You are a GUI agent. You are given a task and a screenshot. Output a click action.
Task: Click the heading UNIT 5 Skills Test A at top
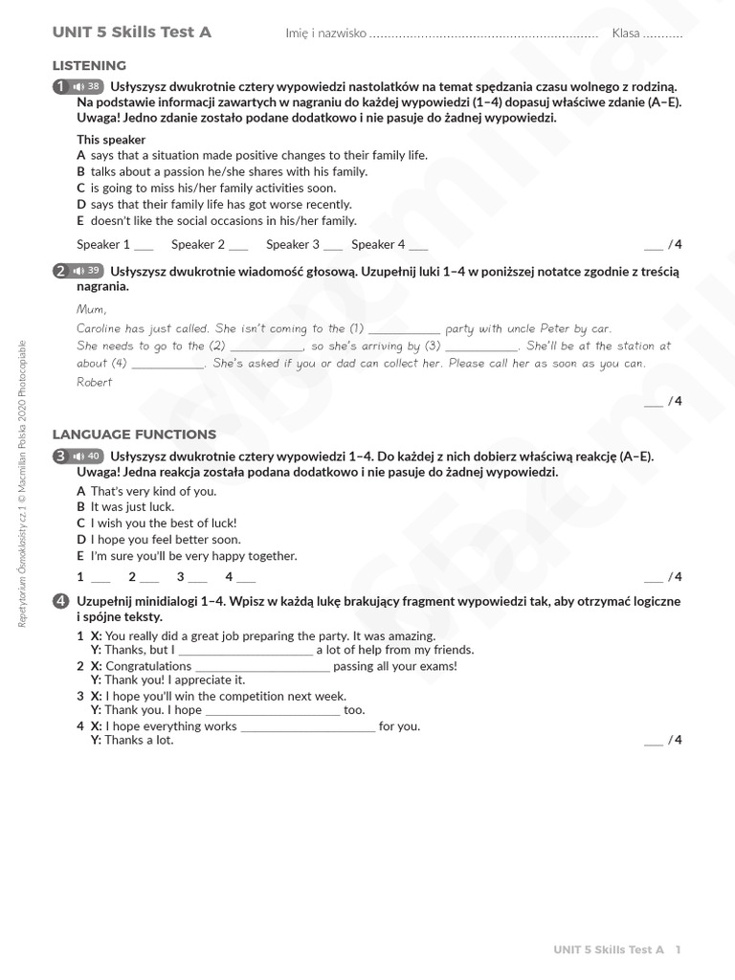pos(132,33)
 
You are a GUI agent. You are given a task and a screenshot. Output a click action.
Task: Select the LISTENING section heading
pos(89,66)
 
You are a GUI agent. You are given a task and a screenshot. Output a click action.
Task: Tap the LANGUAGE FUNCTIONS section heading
pos(134,434)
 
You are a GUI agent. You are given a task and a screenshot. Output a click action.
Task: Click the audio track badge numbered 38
pos(86,86)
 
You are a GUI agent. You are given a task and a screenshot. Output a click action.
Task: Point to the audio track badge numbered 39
pos(86,271)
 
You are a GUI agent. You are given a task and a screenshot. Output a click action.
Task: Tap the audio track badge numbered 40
pos(86,456)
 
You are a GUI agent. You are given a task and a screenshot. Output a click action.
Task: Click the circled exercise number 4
pos(61,601)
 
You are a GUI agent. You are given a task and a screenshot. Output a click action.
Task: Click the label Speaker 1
pos(103,244)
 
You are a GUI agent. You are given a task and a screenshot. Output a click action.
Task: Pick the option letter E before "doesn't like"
pos(81,220)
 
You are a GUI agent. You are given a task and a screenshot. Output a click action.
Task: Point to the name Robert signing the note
pos(95,382)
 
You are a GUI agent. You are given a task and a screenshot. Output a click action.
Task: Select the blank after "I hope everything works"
pos(308,727)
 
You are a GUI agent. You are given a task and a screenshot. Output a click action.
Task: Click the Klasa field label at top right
pos(626,33)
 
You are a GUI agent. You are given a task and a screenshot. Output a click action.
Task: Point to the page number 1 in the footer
pos(678,949)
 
